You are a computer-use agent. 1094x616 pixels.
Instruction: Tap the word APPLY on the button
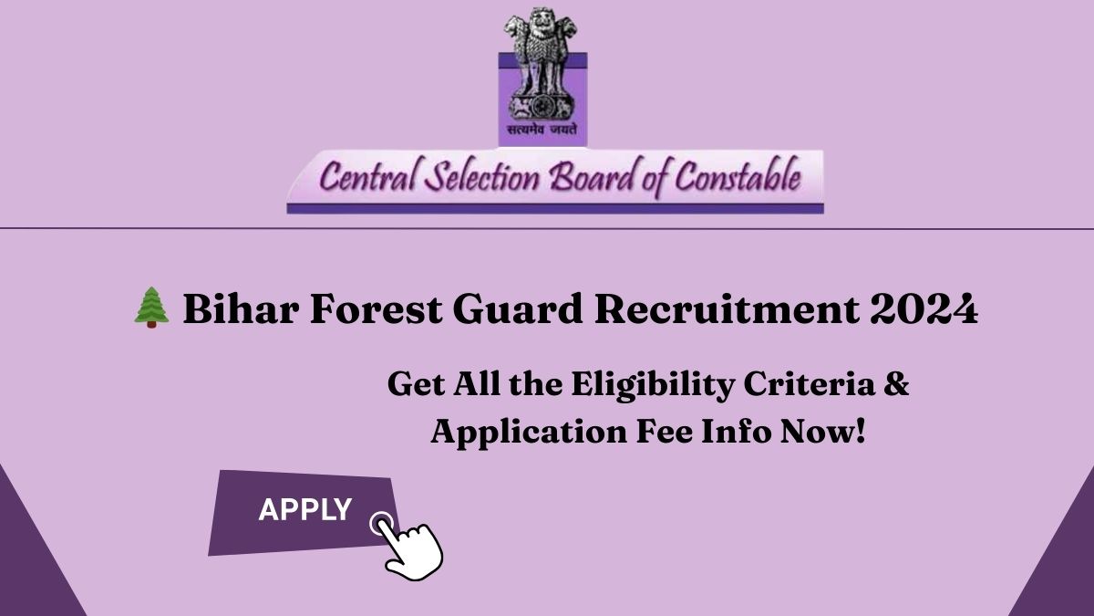pyautogui.click(x=304, y=510)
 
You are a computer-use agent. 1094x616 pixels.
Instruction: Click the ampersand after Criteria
pyautogui.click(x=897, y=384)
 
